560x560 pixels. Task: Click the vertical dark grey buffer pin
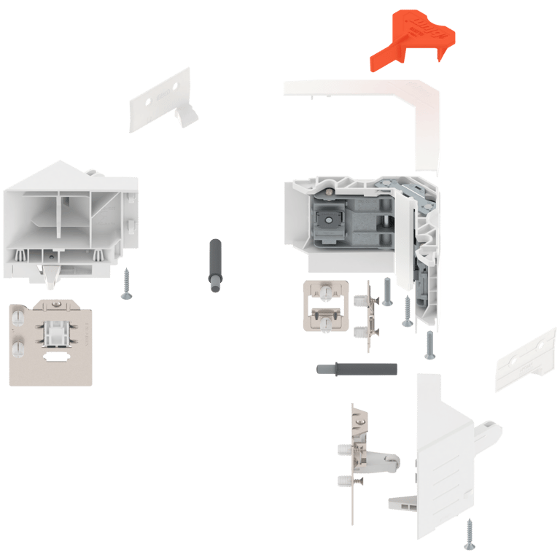tap(215, 267)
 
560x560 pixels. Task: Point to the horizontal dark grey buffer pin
tap(357, 369)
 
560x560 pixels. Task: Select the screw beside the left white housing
tap(127, 284)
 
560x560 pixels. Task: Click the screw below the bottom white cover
tap(469, 534)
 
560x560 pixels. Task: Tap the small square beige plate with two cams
tap(325, 306)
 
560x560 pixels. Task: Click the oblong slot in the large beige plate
tap(55, 358)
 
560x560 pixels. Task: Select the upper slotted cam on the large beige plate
tap(17, 319)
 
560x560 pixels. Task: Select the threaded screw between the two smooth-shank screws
tap(407, 312)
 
